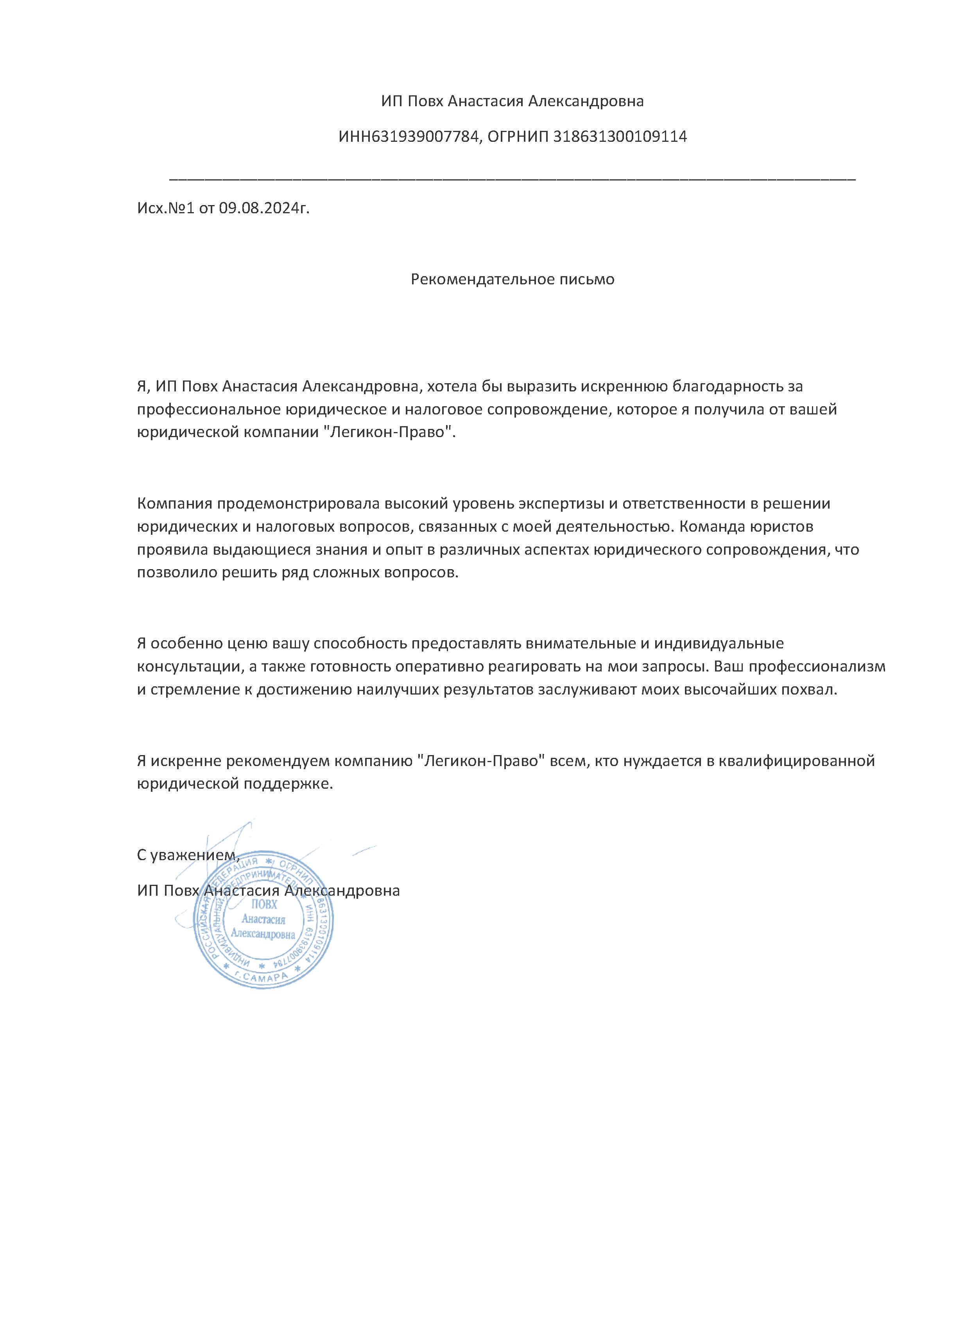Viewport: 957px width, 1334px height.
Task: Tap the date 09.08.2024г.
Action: click(x=264, y=208)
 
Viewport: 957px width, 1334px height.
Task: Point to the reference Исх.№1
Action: click(x=165, y=208)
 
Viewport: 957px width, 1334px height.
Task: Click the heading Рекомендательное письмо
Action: click(x=512, y=279)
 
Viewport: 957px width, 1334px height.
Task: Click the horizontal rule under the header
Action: click(x=512, y=178)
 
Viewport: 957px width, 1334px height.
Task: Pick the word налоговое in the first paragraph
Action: click(x=451, y=409)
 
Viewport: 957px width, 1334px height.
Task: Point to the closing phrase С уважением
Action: click(x=188, y=855)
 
